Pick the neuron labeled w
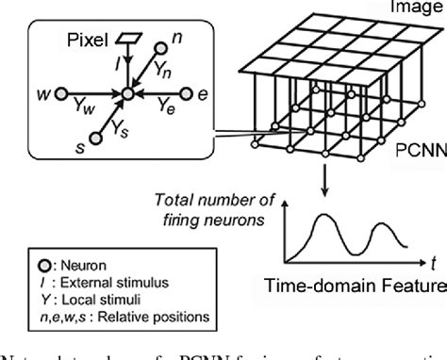(60, 93)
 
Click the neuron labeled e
(187, 93)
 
